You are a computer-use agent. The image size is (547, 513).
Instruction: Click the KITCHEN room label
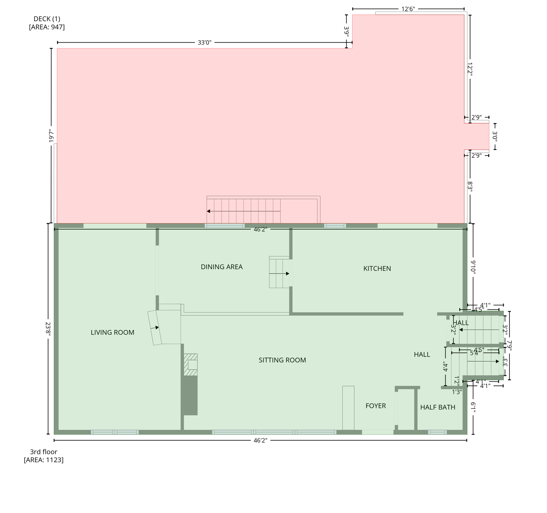pos(377,269)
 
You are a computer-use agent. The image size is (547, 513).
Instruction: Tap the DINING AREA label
pos(221,267)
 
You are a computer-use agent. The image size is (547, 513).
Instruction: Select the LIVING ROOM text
pos(112,332)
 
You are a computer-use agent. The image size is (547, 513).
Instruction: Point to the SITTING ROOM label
pos(282,360)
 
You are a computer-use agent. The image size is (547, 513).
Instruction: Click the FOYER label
pos(375,406)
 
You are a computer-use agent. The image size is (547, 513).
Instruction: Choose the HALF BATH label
pos(437,407)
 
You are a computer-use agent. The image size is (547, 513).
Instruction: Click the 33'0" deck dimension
pos(204,43)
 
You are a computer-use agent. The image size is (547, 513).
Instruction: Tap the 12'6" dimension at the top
pos(408,9)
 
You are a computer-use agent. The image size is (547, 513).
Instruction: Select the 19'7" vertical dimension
pos(51,136)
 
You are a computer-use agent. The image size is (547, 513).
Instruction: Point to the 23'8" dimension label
pos(48,329)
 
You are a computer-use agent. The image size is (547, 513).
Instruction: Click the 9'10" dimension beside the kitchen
pos(473,267)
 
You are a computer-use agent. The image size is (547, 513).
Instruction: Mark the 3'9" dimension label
pos(346,32)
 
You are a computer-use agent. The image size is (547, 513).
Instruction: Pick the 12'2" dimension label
pos(470,69)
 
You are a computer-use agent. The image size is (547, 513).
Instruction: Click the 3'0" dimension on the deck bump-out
pos(495,136)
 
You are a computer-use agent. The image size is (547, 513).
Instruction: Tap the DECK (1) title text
pos(47,19)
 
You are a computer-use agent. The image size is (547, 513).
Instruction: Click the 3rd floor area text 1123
pos(43,460)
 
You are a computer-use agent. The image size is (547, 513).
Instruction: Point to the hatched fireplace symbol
pos(191,364)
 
